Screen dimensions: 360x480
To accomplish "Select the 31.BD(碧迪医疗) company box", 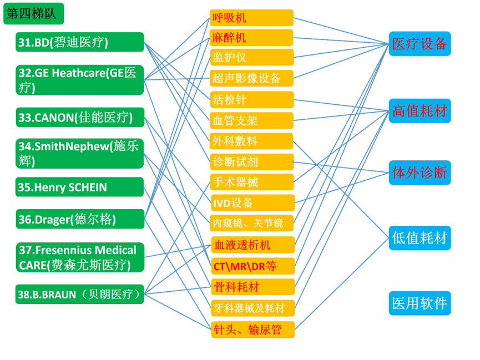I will tap(80, 43).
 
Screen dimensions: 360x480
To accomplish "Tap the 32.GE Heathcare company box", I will tap(80, 80).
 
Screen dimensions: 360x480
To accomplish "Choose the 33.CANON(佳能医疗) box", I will tap(80, 118).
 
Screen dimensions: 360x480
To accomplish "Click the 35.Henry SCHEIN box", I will tap(80, 187).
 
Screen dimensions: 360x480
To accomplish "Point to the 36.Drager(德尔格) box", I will tap(80, 219).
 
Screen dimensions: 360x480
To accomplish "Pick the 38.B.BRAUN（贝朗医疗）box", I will tap(80, 294).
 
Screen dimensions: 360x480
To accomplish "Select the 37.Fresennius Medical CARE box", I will tap(80, 257).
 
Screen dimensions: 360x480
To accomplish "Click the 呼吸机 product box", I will tap(251, 18).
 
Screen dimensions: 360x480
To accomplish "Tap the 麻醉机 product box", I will tap(251, 38).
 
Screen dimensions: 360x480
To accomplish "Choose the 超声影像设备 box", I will tap(251, 78).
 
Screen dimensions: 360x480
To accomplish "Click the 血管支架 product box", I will tap(251, 120).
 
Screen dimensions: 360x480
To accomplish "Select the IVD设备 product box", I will tap(251, 202).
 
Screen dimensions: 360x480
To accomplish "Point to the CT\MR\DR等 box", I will tap(252, 266).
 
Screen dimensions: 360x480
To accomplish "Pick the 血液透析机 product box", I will tap(252, 245).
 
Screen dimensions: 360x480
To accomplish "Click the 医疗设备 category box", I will tap(420, 44).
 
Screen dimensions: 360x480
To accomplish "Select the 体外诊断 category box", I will tap(420, 173).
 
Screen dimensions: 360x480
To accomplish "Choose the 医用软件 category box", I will tap(420, 303).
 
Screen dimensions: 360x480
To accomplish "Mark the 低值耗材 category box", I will tap(420, 239).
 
